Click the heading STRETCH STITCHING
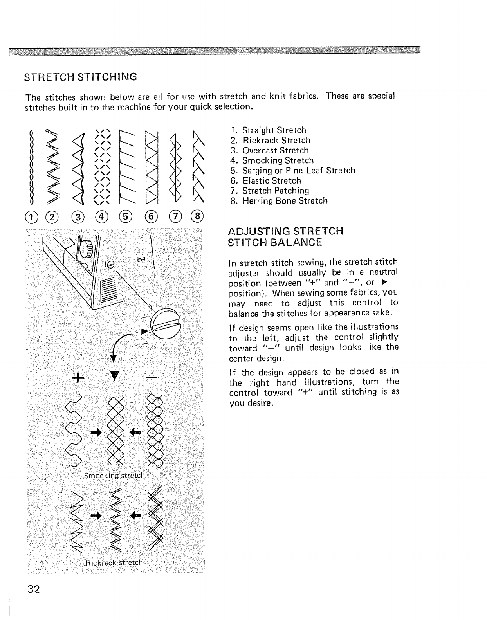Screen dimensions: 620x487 click(x=81, y=76)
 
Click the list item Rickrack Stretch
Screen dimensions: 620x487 click(x=276, y=140)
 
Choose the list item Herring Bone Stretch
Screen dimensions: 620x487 click(x=285, y=201)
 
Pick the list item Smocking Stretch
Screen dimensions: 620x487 click(x=278, y=160)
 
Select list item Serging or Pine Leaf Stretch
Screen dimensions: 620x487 click(x=298, y=171)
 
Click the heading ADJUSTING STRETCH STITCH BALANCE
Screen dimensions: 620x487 click(x=285, y=236)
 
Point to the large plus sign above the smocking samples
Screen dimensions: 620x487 click(x=78, y=378)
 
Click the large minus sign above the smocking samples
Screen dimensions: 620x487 click(x=152, y=378)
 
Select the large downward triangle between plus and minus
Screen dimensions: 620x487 click(x=114, y=377)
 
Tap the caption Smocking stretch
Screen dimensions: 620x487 click(x=114, y=476)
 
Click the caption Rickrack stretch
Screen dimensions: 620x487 click(x=114, y=563)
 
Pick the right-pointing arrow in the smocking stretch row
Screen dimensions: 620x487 click(x=96, y=432)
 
